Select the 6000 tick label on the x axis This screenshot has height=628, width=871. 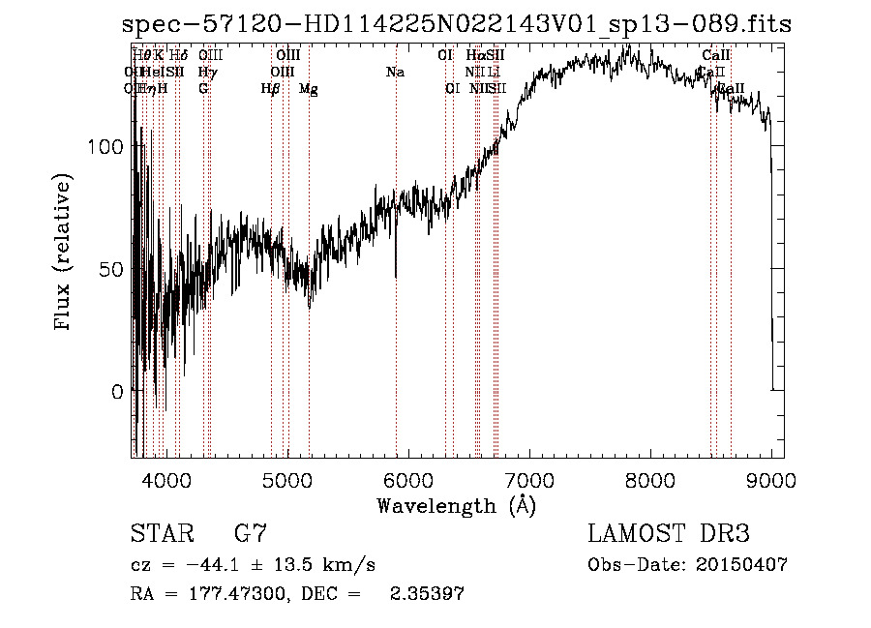click(407, 479)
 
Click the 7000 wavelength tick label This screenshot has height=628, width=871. click(528, 479)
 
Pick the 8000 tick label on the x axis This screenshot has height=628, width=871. click(649, 479)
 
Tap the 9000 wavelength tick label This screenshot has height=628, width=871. click(770, 479)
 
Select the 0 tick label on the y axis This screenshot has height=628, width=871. click(118, 392)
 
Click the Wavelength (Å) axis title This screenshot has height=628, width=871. click(456, 505)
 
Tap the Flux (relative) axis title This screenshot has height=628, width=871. click(64, 254)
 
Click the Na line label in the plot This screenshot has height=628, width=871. click(395, 72)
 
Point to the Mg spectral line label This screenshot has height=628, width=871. click(309, 89)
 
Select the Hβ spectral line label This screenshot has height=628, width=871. click(271, 89)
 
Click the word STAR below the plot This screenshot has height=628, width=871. click(161, 534)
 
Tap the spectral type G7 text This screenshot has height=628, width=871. click(250, 534)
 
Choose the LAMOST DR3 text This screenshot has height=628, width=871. click(668, 534)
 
